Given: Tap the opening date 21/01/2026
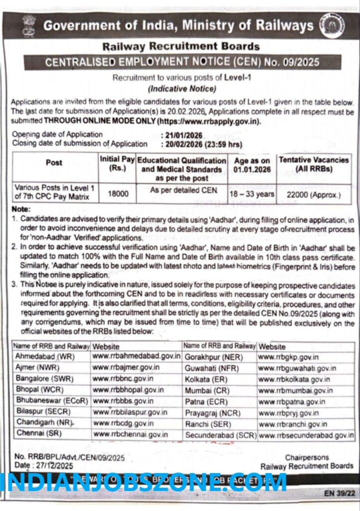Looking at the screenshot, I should pyautogui.click(x=184, y=135).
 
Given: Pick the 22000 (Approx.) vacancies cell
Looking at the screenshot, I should pyautogui.click(x=314, y=194).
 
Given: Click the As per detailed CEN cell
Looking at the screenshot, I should pyautogui.click(x=181, y=190).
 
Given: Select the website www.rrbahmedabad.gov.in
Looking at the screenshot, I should pyautogui.click(x=136, y=357).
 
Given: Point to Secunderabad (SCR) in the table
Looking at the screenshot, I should pyautogui.click(x=220, y=435).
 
